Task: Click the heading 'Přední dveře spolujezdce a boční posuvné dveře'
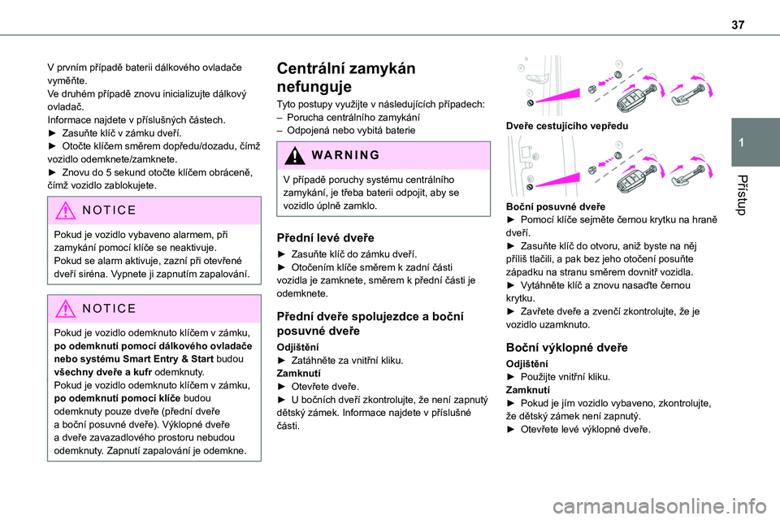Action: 370,323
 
